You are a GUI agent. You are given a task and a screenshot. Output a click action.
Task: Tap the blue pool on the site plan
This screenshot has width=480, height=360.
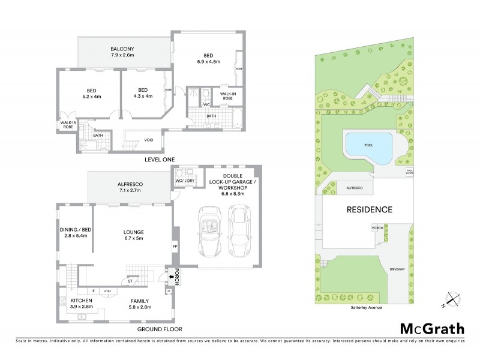click(x=368, y=146)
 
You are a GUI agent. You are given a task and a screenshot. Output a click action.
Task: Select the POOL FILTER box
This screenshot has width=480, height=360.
click(x=410, y=172)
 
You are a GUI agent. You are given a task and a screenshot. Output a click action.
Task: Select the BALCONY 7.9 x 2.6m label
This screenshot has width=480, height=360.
click(x=122, y=52)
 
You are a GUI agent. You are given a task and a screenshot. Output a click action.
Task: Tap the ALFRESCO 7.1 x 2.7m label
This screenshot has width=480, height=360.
click(x=129, y=187)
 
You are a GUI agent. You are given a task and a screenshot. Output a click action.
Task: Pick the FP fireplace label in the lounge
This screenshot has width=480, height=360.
click(x=175, y=246)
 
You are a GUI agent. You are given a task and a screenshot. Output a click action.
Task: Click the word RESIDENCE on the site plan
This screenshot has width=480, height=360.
click(x=369, y=210)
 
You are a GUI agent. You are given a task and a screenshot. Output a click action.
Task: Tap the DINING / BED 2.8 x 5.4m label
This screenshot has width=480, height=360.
click(x=74, y=233)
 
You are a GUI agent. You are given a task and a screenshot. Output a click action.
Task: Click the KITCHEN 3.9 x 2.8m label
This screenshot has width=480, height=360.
click(x=82, y=303)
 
